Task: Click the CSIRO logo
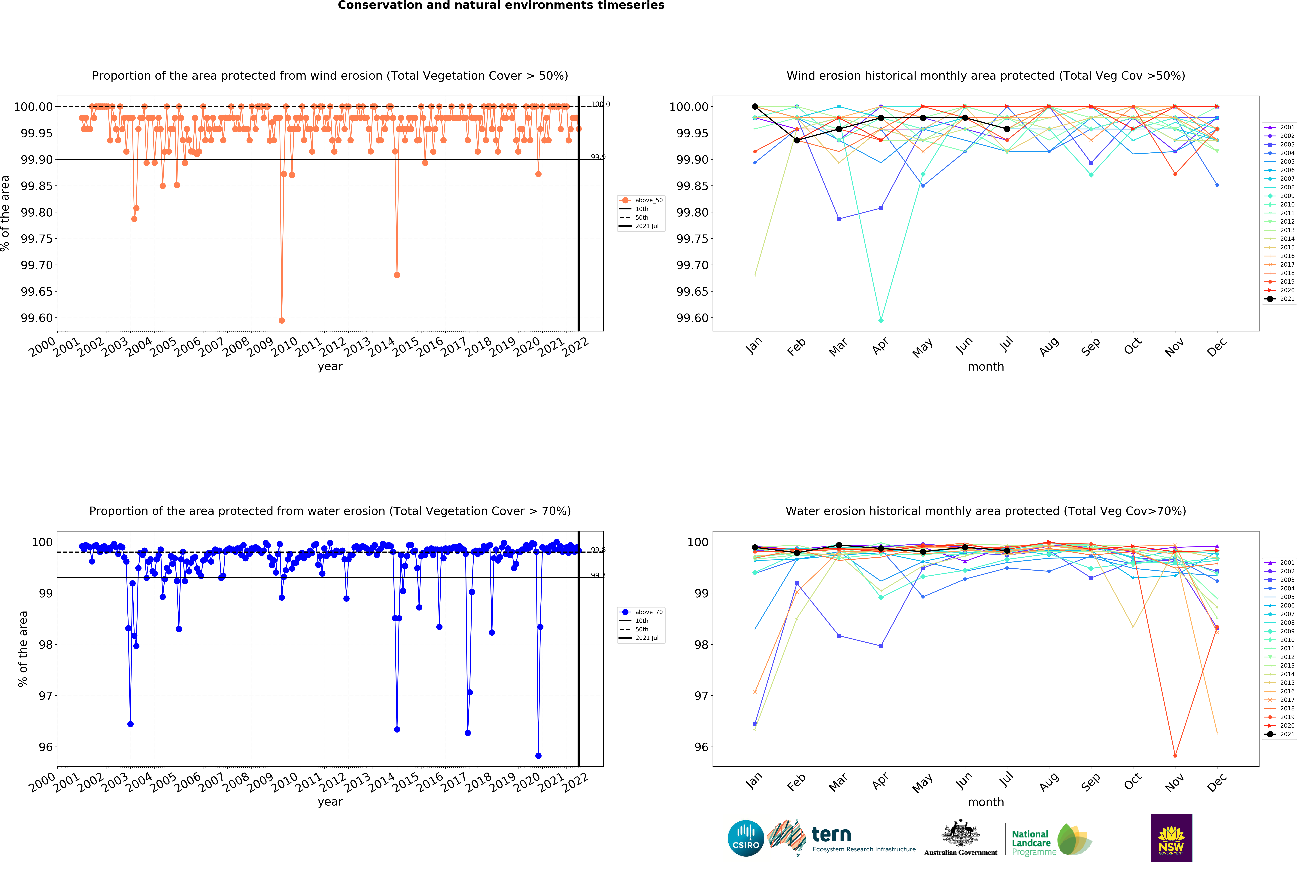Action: pyautogui.click(x=746, y=838)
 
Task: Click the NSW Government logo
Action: pyautogui.click(x=1171, y=838)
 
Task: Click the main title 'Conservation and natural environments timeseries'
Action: pyautogui.click(x=501, y=6)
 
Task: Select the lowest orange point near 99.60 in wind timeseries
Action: pyautogui.click(x=282, y=320)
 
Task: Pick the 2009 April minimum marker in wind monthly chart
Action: pyautogui.click(x=881, y=320)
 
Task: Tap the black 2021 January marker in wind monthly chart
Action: pyautogui.click(x=755, y=106)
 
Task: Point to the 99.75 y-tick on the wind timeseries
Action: pyautogui.click(x=37, y=239)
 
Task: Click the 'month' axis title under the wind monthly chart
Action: pyautogui.click(x=986, y=366)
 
